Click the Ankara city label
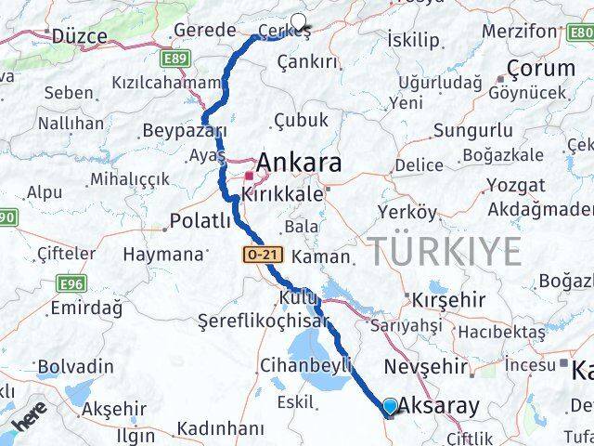pyautogui.click(x=298, y=163)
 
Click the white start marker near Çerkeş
pyautogui.click(x=299, y=22)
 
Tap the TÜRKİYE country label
pyautogui.click(x=445, y=251)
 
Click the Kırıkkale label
pyautogui.click(x=282, y=194)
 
